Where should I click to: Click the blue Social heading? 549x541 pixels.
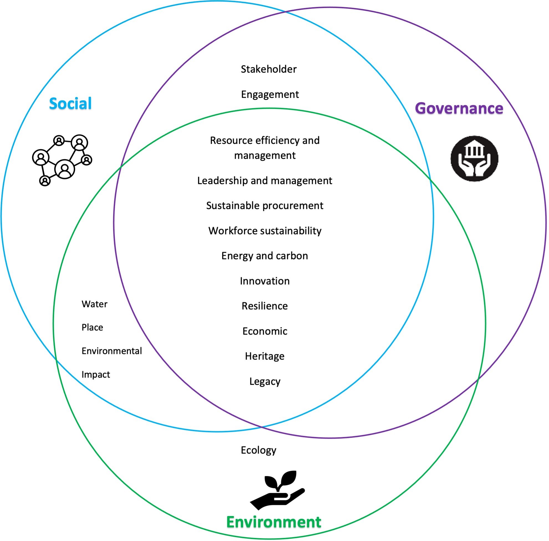[70, 103]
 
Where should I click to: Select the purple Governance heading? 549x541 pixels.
[459, 108]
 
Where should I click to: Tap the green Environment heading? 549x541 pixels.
[274, 522]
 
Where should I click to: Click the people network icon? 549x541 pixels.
[62, 160]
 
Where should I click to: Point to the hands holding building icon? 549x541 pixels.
[474, 159]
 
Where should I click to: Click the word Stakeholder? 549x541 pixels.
[268, 69]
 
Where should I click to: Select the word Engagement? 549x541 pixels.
[270, 94]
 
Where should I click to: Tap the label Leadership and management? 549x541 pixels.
[265, 181]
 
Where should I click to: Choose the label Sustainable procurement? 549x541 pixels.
[265, 206]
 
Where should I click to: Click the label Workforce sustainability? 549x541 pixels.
[265, 231]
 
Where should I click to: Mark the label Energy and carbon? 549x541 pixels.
[265, 256]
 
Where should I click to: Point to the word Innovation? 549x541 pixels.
[265, 281]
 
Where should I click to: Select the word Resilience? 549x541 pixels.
[265, 306]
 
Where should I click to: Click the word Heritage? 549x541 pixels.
[265, 356]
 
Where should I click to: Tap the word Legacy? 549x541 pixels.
[265, 381]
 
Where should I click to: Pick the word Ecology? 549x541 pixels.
[258, 450]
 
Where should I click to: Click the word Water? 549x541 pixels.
[94, 304]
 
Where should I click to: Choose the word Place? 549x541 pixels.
[92, 327]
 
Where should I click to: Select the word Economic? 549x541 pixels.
[265, 331]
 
